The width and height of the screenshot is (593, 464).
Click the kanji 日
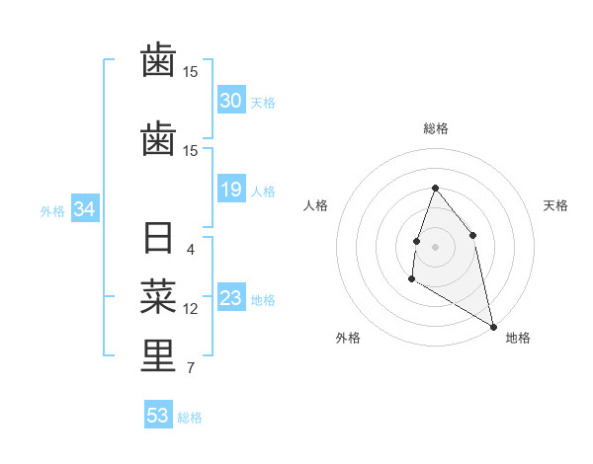[158, 240]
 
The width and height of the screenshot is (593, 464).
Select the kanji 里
[158, 356]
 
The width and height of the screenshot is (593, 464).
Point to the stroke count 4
[191, 250]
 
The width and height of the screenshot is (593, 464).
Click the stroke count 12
[191, 309]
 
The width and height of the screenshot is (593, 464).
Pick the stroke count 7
[191, 368]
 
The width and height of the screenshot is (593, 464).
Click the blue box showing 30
[231, 101]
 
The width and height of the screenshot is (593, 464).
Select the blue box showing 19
[231, 190]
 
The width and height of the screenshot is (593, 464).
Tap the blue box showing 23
[231, 298]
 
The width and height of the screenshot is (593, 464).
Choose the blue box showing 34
[84, 209]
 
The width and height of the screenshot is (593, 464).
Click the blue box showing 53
[158, 416]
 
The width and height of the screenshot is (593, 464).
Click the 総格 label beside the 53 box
[190, 418]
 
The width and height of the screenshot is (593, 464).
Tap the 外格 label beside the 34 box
[52, 211]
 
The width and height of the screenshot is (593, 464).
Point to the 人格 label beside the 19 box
[263, 192]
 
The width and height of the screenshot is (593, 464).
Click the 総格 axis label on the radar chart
[435, 128]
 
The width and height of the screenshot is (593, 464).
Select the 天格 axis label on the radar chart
[556, 205]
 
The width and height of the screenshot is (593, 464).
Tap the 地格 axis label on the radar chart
[518, 338]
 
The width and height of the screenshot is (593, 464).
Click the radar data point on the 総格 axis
[435, 189]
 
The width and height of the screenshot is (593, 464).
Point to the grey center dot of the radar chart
[435, 246]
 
